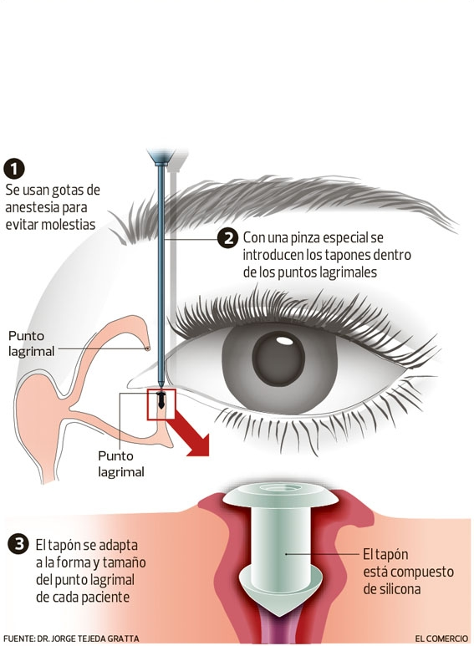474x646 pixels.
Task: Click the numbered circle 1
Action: [14, 169]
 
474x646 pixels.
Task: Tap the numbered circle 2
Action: [228, 238]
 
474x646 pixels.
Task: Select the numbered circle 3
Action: [18, 544]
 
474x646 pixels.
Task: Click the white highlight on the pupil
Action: [283, 341]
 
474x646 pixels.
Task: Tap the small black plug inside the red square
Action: [161, 400]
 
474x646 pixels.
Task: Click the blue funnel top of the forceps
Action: [161, 156]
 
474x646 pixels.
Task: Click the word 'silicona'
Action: [391, 589]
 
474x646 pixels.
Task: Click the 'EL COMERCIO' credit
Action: [441, 638]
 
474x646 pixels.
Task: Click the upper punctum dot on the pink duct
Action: [147, 349]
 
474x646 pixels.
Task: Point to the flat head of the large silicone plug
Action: [280, 496]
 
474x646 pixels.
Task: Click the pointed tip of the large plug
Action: [281, 616]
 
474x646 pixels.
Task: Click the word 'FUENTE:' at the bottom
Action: [18, 638]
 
